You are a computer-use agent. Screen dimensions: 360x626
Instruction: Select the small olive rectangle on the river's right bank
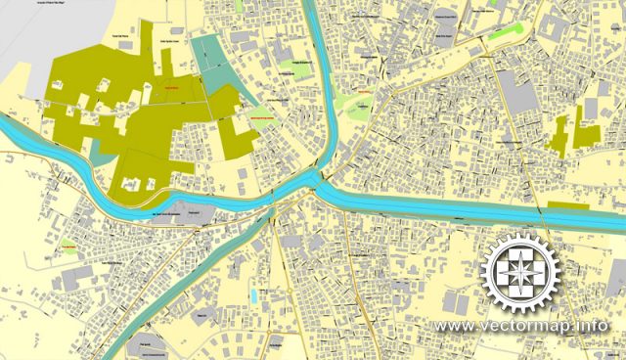568,204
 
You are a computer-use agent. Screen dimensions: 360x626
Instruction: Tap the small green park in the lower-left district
68,246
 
